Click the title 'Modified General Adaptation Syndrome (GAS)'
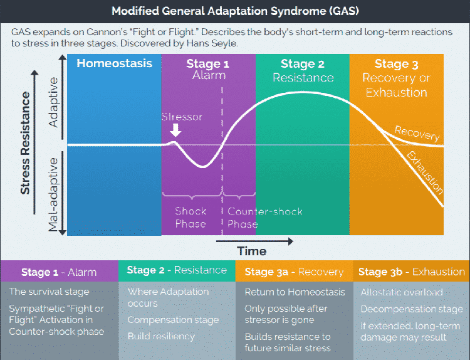click(x=234, y=11)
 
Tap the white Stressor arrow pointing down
click(x=176, y=130)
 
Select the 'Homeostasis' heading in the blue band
click(x=115, y=63)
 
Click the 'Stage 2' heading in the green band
click(x=302, y=63)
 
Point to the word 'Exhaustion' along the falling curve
click(x=425, y=172)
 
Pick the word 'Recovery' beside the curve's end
click(x=417, y=133)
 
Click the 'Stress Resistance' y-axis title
click(x=26, y=143)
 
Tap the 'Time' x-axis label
click(x=252, y=251)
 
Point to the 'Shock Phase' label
click(x=191, y=218)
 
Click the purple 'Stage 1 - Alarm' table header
click(x=59, y=272)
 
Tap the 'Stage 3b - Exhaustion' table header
click(x=411, y=272)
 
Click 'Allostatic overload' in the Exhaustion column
click(x=402, y=292)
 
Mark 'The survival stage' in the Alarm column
click(x=50, y=292)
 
